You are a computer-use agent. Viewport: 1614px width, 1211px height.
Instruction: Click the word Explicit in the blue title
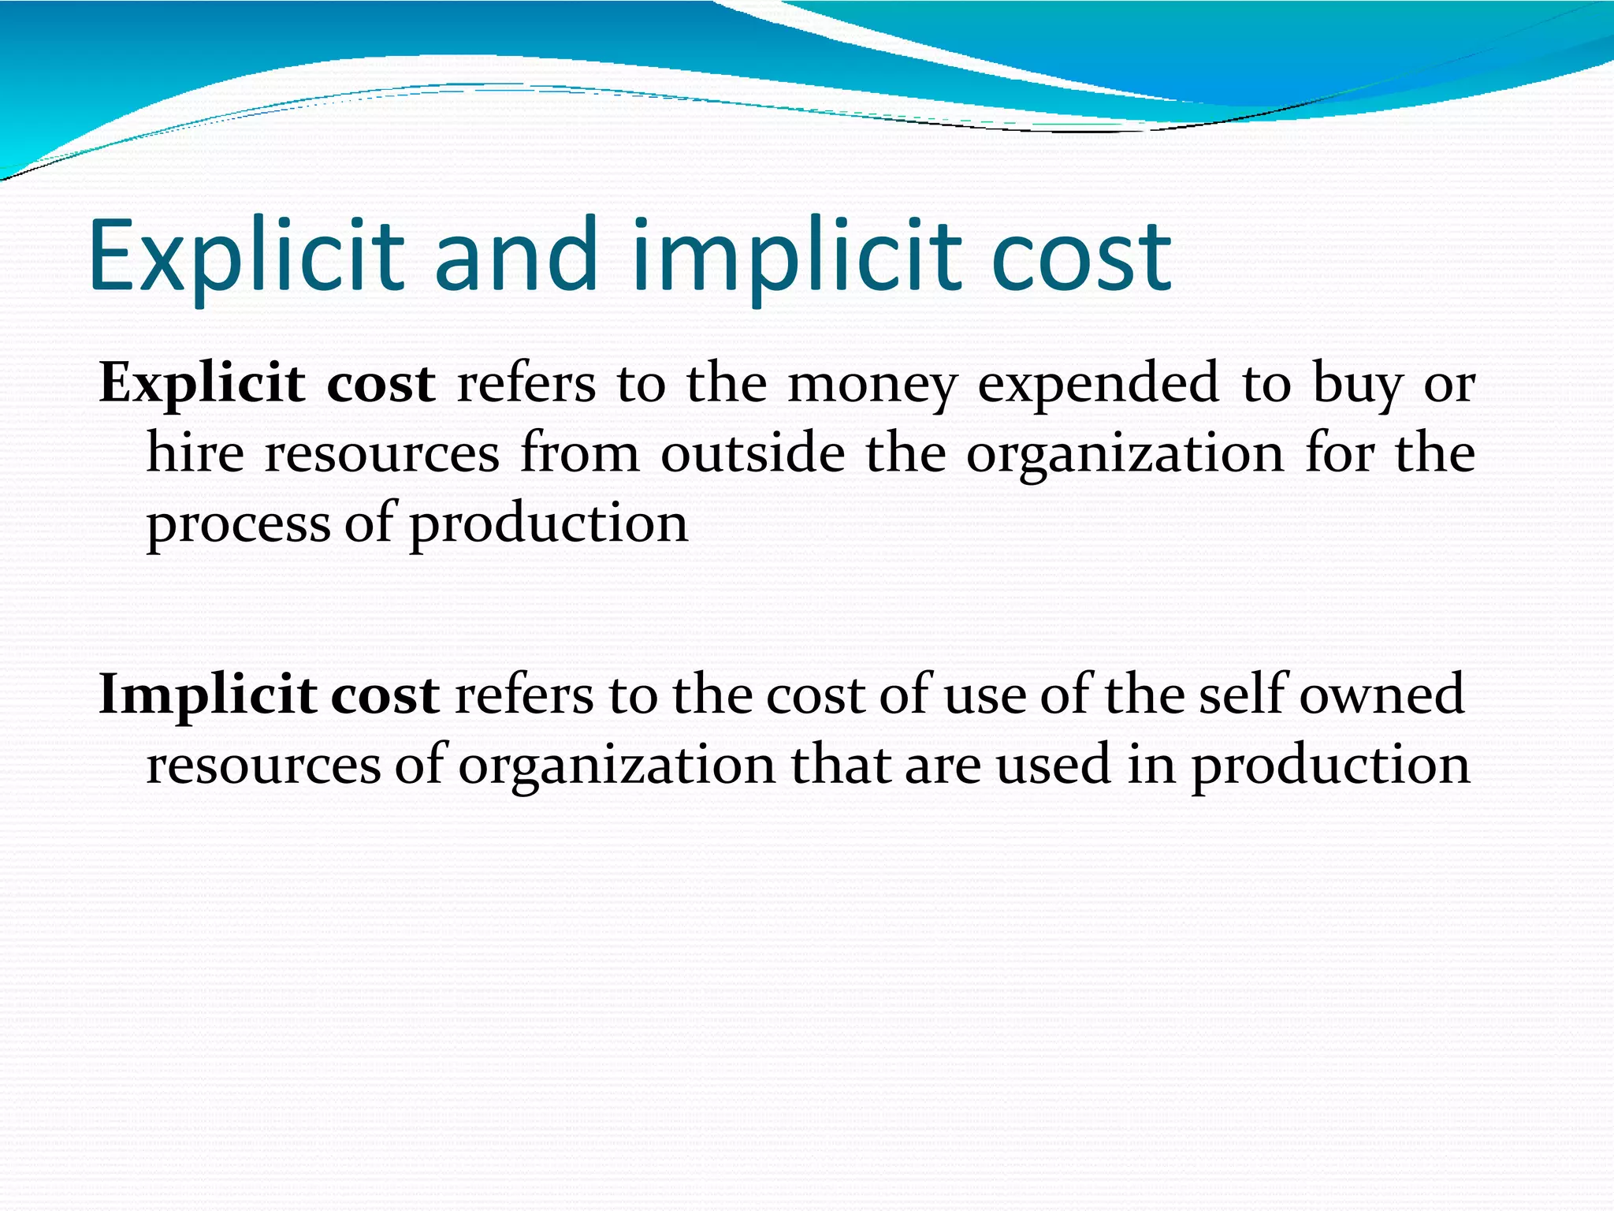[x=247, y=256]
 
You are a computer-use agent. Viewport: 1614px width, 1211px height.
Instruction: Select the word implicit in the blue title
[x=796, y=256]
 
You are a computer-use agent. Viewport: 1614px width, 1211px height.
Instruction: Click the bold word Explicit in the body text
[x=202, y=384]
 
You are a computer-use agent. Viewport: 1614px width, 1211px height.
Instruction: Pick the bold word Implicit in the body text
[x=206, y=695]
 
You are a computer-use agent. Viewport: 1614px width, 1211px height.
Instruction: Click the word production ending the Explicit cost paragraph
[x=549, y=524]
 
